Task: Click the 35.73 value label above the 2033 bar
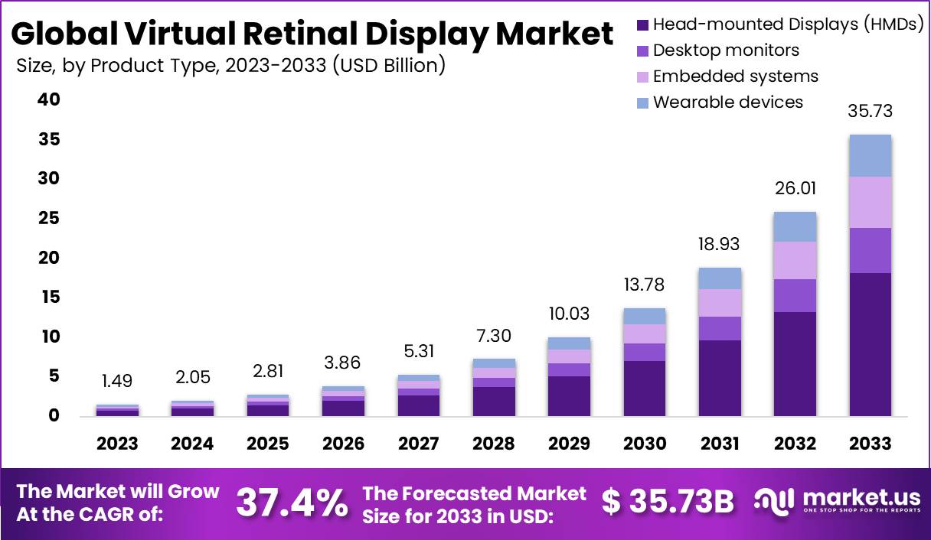tap(870, 112)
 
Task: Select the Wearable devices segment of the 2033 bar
tap(870, 155)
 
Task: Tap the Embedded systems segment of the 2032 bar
tap(795, 260)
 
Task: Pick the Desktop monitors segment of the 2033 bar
tap(870, 250)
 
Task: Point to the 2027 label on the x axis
tap(418, 444)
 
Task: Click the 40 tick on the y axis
tap(49, 100)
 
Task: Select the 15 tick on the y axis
tap(49, 297)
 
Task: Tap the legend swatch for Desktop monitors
tap(642, 51)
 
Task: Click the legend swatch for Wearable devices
tap(642, 102)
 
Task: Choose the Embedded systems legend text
tap(735, 76)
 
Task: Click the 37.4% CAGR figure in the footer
tap(291, 502)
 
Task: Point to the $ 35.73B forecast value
tap(667, 502)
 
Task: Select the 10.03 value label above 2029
tap(569, 314)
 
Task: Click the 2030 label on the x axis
tap(644, 444)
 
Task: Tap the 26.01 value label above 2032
tap(795, 188)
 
